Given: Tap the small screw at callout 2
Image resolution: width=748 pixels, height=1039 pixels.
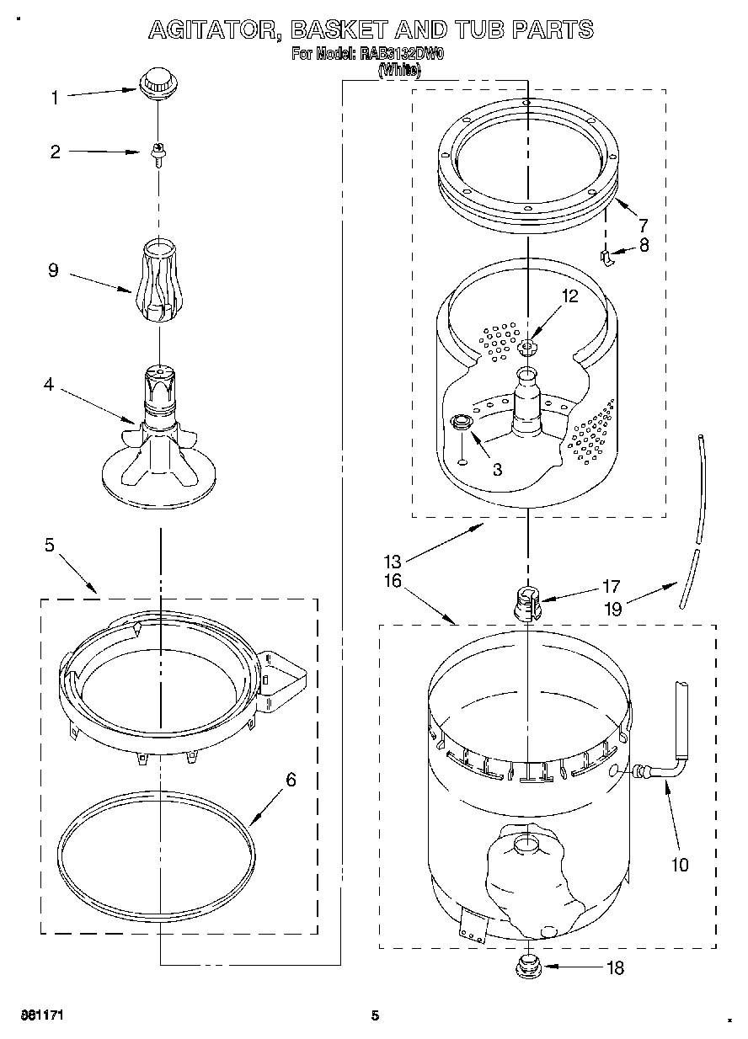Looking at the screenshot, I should [x=157, y=154].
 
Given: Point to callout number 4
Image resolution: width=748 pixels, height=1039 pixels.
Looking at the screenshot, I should [x=49, y=386].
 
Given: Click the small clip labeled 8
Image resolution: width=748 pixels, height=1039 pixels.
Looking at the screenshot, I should [x=605, y=258].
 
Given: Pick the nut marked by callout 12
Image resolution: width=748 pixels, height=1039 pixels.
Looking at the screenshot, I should [x=528, y=347].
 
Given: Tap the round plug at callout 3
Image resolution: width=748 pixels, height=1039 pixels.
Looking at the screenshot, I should [x=462, y=424].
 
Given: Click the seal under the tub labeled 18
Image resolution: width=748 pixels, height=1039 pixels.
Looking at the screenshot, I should [x=528, y=962].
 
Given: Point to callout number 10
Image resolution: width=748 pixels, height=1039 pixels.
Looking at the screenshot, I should [x=679, y=864].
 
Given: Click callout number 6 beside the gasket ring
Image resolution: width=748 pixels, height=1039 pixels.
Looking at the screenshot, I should [x=291, y=780].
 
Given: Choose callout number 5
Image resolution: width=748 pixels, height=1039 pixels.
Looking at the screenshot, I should [x=49, y=546].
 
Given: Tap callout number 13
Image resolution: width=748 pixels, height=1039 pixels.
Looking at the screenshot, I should [x=393, y=561].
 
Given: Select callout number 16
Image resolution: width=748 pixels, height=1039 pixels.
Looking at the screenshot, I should [x=393, y=581].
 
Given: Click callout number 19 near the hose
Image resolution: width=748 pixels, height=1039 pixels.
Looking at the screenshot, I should [x=612, y=608].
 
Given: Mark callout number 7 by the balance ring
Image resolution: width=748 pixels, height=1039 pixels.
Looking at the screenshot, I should [x=643, y=225].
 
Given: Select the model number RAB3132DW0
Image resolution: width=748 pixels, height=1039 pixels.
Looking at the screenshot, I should [x=403, y=55].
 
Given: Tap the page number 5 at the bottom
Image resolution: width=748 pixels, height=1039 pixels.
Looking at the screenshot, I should [x=377, y=1015].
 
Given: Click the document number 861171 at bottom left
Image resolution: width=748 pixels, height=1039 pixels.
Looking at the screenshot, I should [x=43, y=1015].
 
